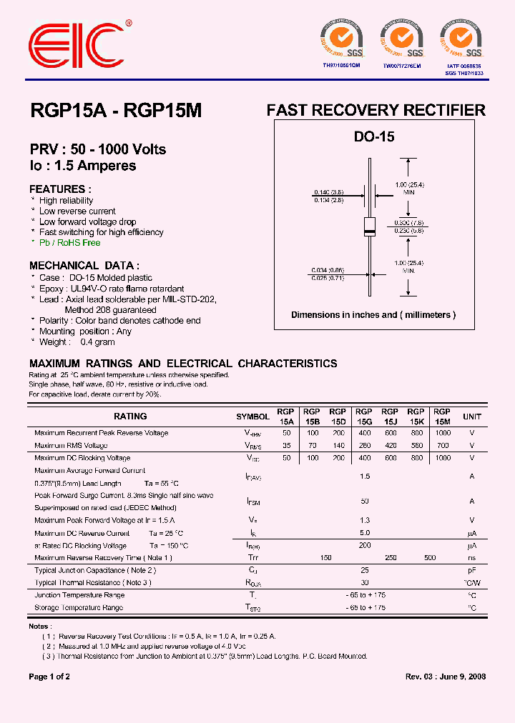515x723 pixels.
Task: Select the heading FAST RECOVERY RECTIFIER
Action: [x=376, y=110]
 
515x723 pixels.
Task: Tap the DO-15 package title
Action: [x=374, y=137]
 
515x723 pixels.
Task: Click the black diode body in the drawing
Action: [x=370, y=226]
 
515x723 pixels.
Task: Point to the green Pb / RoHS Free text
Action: [x=69, y=243]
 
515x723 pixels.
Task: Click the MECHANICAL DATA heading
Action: [x=84, y=264]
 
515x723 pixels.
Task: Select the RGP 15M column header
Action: [x=442, y=417]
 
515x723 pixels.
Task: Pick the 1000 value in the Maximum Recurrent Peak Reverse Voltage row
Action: [x=443, y=433]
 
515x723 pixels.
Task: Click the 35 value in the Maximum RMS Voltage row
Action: [x=287, y=446]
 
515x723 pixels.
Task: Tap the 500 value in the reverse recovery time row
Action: [x=429, y=557]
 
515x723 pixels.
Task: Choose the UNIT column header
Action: [x=472, y=417]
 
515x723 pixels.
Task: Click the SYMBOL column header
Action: [x=253, y=417]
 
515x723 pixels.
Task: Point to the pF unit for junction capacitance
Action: [x=472, y=571]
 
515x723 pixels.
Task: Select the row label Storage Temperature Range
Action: [x=79, y=608]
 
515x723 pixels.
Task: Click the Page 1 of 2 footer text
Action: [x=49, y=677]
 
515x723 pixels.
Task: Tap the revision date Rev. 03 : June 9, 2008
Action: [x=446, y=677]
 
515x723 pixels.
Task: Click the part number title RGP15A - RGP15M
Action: [x=116, y=111]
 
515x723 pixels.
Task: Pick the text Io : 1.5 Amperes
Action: [x=82, y=165]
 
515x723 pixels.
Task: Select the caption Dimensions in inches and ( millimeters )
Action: [x=373, y=315]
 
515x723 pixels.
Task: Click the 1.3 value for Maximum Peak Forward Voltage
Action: [x=365, y=520]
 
